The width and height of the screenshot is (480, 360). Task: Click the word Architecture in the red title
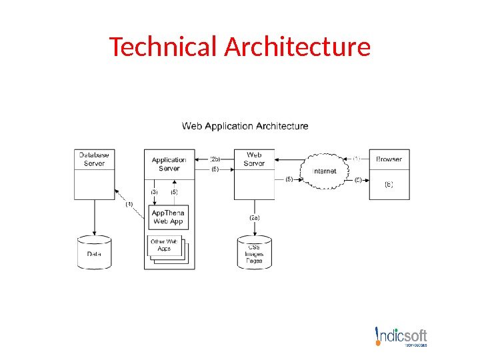click(297, 47)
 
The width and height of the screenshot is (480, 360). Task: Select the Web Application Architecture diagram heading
click(245, 125)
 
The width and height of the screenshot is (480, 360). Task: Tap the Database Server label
click(94, 159)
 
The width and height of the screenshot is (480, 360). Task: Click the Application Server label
click(169, 164)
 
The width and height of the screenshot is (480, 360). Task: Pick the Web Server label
click(254, 159)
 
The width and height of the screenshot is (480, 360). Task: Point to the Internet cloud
click(325, 171)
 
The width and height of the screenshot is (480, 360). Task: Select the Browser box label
click(389, 159)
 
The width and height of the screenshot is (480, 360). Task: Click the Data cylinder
click(94, 253)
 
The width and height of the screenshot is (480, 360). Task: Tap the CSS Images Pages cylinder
click(255, 253)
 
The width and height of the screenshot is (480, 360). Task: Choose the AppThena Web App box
click(169, 217)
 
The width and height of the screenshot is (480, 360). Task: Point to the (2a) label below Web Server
click(255, 217)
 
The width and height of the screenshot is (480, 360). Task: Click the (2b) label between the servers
click(215, 159)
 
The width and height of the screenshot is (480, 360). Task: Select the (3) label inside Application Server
click(154, 192)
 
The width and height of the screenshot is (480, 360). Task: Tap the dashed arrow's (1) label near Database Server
click(129, 204)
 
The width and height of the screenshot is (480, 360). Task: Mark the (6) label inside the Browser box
click(389, 185)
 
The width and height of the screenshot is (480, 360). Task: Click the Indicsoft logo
click(401, 337)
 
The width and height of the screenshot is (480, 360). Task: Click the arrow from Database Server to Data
click(94, 217)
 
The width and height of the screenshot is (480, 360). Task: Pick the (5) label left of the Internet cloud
click(289, 179)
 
